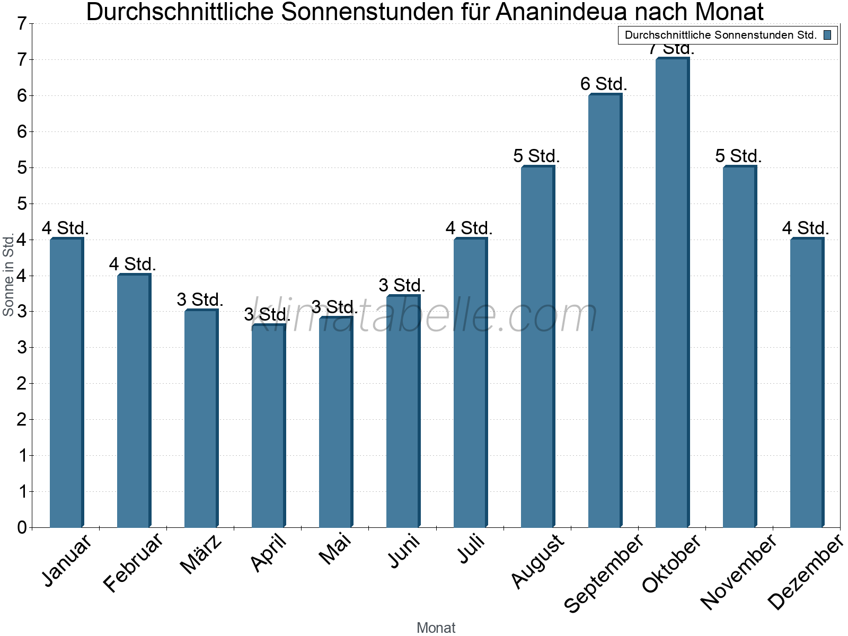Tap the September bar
coord(605,311)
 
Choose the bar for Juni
coord(403,411)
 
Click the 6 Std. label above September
coord(604,84)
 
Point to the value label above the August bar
coord(536,156)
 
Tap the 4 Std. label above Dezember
coord(806,228)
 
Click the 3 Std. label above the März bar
coord(200,300)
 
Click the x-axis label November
coord(738,571)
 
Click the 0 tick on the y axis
coord(22,527)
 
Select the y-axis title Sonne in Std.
coord(8,275)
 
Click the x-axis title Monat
coord(436,628)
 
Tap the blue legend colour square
coord(827,35)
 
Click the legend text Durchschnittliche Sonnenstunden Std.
coord(720,35)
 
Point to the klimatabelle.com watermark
coord(424,316)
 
